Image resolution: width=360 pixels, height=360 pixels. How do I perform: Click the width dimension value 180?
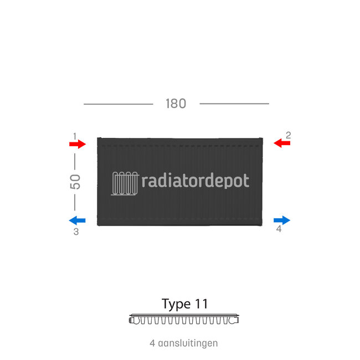176,104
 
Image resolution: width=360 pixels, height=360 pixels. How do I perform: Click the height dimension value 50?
75,182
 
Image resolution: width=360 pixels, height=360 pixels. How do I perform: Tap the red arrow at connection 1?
78,144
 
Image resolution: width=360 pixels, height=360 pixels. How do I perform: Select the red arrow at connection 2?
282,143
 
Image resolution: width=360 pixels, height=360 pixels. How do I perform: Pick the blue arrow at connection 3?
78,220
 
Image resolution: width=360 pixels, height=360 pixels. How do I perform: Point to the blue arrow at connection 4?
282,220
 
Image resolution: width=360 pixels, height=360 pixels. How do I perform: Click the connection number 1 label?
74,135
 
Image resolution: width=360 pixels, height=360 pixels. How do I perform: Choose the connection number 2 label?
288,135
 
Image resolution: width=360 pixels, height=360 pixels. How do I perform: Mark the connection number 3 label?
76,232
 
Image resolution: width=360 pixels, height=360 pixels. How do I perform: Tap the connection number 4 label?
279,229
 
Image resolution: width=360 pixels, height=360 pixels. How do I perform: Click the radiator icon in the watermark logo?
125,183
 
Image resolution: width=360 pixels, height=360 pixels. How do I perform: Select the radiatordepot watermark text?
196,181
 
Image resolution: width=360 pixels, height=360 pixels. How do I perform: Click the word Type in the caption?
176,304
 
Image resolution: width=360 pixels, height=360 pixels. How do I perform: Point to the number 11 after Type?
201,304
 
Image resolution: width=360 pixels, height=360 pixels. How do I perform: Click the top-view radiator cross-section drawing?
184,320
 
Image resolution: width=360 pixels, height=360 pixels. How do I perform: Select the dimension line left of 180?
118,104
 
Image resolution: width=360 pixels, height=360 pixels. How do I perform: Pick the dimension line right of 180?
234,104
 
